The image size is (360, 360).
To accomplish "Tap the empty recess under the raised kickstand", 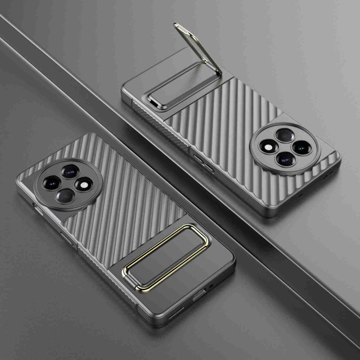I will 178,86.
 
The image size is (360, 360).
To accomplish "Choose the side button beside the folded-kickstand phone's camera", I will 36,208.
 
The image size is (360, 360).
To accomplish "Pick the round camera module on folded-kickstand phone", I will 68,183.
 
